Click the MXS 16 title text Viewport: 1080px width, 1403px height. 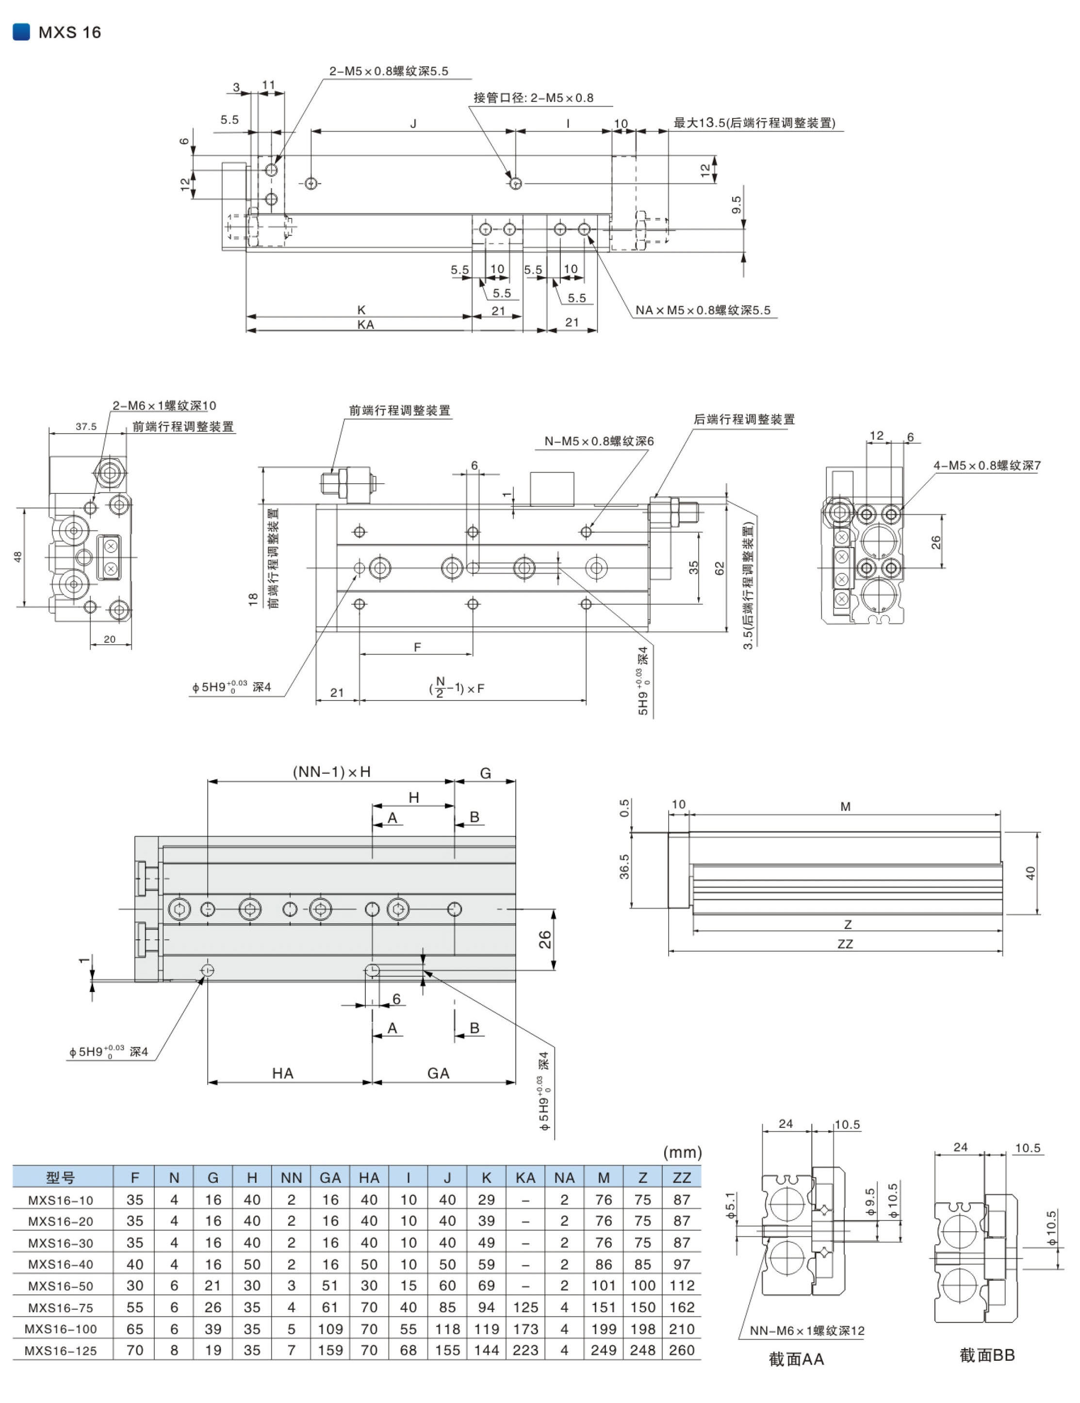pos(69,32)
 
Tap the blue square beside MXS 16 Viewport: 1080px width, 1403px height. pos(21,32)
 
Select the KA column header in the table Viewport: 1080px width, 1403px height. pos(525,1177)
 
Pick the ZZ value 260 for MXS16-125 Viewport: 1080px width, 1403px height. pos(681,1350)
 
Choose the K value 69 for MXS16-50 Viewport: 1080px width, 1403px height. pos(486,1286)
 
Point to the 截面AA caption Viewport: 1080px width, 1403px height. pos(795,1359)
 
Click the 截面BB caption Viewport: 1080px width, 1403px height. pos(986,1355)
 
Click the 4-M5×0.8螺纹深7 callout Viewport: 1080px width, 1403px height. pos(987,465)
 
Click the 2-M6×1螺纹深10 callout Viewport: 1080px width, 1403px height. pos(164,406)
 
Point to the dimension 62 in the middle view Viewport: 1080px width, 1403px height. pos(719,568)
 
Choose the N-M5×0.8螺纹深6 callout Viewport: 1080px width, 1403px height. pos(599,441)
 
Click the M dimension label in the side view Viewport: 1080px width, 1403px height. pos(845,807)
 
